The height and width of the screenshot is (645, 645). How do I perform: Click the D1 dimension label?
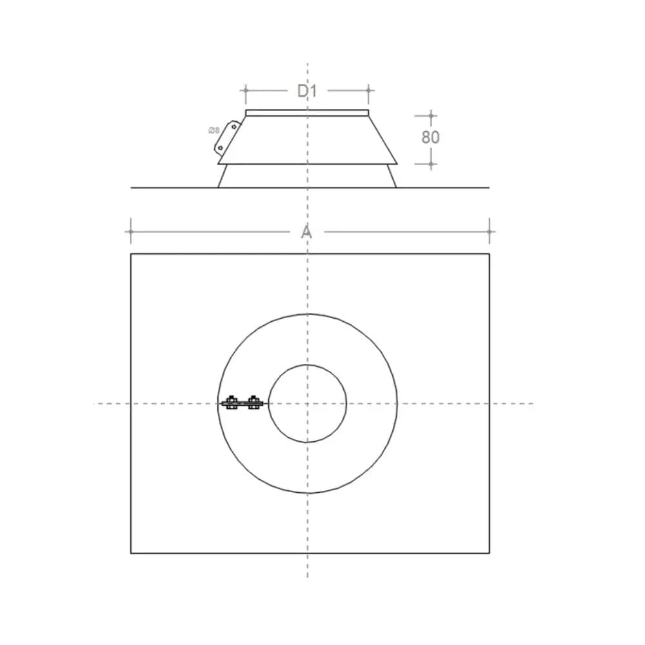coord(307,91)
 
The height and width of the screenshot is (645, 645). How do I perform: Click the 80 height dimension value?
coord(431,137)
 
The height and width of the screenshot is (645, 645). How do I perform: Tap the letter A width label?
coord(306,232)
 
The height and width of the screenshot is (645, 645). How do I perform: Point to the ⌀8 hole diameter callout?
coord(214,131)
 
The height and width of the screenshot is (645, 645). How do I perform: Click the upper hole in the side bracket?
coord(234,126)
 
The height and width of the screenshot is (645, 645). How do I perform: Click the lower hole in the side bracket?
coord(221,148)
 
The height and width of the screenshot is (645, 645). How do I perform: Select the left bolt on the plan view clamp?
coord(231,403)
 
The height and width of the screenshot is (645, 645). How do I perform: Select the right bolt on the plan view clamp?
coord(253,403)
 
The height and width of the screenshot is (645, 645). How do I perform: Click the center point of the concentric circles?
coord(307,404)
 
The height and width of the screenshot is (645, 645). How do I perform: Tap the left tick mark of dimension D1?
coord(246,90)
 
